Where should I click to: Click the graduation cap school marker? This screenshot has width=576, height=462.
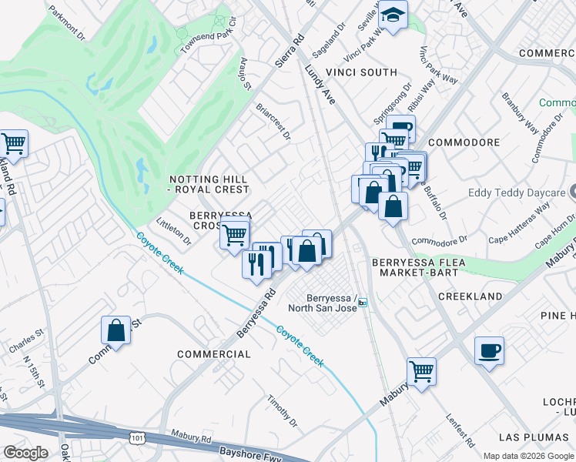click(393, 15)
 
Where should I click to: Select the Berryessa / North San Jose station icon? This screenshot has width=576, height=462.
click(363, 303)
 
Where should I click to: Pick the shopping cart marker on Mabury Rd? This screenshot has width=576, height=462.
click(421, 372)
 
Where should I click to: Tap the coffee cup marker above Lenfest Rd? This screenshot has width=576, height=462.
click(489, 350)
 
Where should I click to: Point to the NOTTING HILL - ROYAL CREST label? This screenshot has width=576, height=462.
click(209, 183)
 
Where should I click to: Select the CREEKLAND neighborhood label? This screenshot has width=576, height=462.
click(470, 296)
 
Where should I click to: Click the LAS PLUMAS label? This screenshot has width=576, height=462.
click(539, 437)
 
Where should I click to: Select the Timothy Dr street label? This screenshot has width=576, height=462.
click(282, 411)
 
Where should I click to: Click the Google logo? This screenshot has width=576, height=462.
click(25, 453)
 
